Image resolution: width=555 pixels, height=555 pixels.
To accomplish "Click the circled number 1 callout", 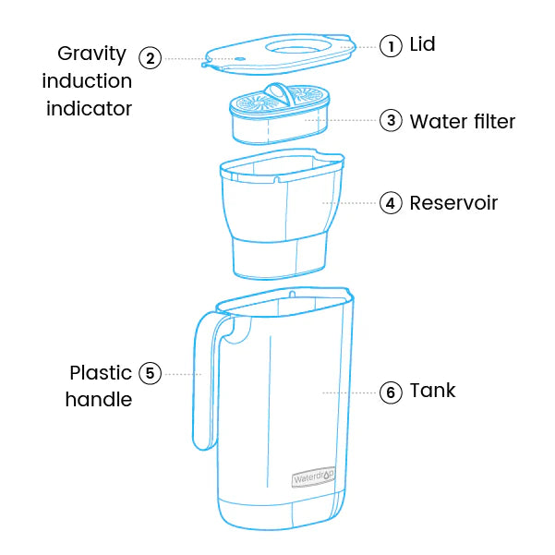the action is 391,45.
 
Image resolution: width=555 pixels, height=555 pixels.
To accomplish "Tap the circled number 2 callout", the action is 151,58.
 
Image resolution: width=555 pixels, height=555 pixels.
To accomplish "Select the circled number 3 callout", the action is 391,120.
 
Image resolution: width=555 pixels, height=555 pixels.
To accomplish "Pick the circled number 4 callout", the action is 391,203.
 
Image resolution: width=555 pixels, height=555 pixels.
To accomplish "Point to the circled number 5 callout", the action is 151,373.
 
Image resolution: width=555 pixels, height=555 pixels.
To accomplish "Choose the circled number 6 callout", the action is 391,392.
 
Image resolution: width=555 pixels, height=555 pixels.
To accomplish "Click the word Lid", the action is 422,44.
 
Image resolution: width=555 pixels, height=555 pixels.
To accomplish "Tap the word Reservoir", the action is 453,203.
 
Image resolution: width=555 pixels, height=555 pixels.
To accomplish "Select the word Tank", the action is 432,391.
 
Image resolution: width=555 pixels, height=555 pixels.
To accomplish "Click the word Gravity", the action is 91,54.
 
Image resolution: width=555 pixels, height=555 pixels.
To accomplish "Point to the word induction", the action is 87,80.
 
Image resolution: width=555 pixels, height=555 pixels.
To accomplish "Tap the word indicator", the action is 90,108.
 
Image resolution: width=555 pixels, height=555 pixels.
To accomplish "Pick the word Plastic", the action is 101,373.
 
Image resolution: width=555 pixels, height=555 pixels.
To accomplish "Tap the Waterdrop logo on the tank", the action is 313,477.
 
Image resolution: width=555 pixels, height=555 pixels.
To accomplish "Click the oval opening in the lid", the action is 298,47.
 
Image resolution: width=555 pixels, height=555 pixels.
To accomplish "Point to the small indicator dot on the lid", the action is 240,59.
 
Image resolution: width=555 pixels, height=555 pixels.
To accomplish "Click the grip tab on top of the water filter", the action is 279,93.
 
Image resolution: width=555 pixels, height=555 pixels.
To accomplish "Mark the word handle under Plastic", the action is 99,399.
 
